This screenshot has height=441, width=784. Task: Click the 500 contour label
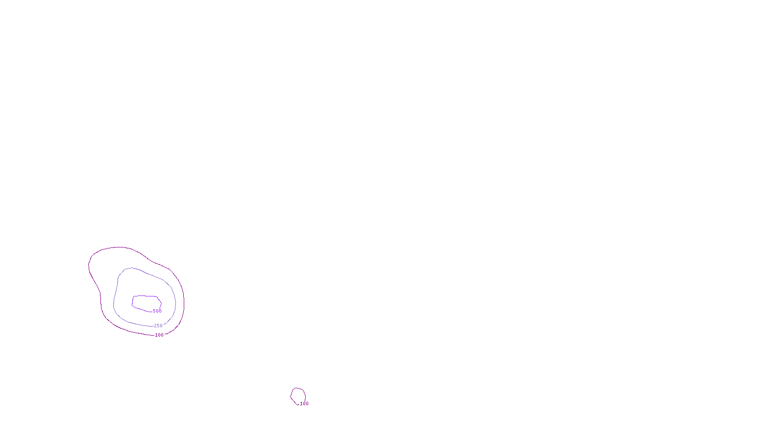157,311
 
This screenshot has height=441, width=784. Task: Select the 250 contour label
158,326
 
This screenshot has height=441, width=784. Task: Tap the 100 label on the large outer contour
159,335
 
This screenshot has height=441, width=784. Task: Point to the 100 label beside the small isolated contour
304,404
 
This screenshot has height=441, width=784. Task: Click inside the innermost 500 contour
146,302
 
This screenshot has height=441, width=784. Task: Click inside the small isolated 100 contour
298,395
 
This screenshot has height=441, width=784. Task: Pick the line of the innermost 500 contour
145,296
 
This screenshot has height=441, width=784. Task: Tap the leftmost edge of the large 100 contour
89,266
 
